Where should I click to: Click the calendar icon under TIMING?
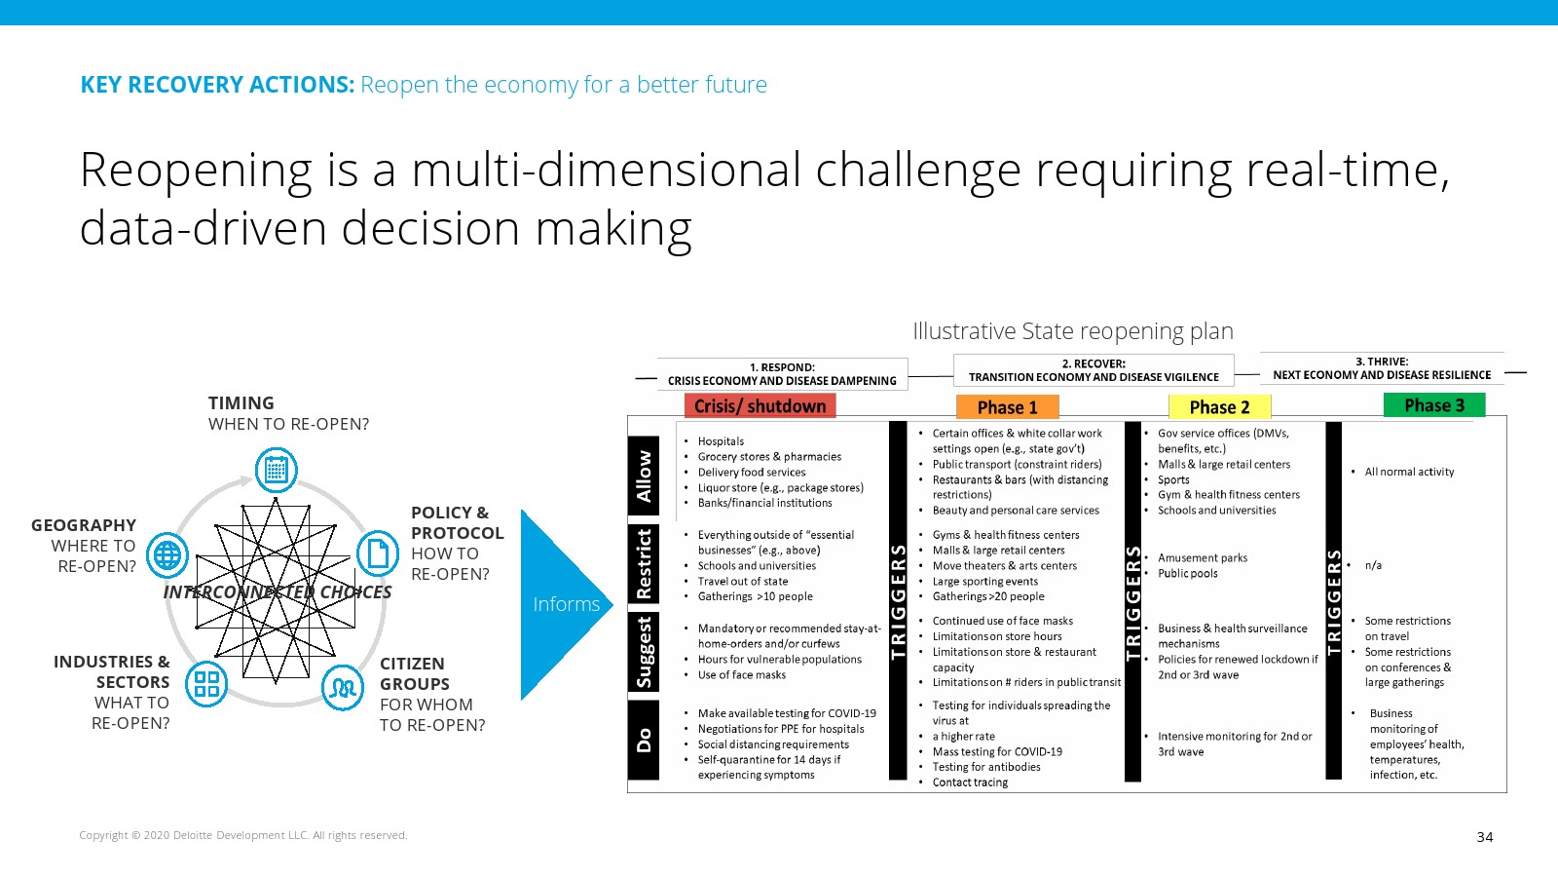[x=277, y=470]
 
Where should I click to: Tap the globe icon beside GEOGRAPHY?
[x=167, y=554]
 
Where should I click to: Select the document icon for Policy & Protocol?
[x=378, y=553]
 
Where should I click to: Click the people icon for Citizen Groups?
[x=342, y=688]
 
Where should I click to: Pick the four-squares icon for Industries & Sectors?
[x=206, y=683]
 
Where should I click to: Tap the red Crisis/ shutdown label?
[x=760, y=405]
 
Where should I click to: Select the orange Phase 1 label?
[x=1007, y=407]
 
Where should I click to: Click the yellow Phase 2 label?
[x=1219, y=407]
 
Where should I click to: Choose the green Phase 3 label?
[x=1434, y=405]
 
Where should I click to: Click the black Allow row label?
[x=644, y=477]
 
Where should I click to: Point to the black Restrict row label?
[x=644, y=564]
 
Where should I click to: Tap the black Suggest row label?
[x=644, y=652]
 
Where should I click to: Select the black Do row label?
[x=644, y=740]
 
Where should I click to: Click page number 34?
[x=1484, y=837]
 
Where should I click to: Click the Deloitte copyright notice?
[x=242, y=835]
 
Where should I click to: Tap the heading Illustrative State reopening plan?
[x=1072, y=331]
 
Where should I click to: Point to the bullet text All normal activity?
[x=1409, y=472]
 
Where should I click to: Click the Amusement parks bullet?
[x=1203, y=558]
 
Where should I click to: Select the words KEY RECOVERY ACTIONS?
[x=217, y=85]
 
